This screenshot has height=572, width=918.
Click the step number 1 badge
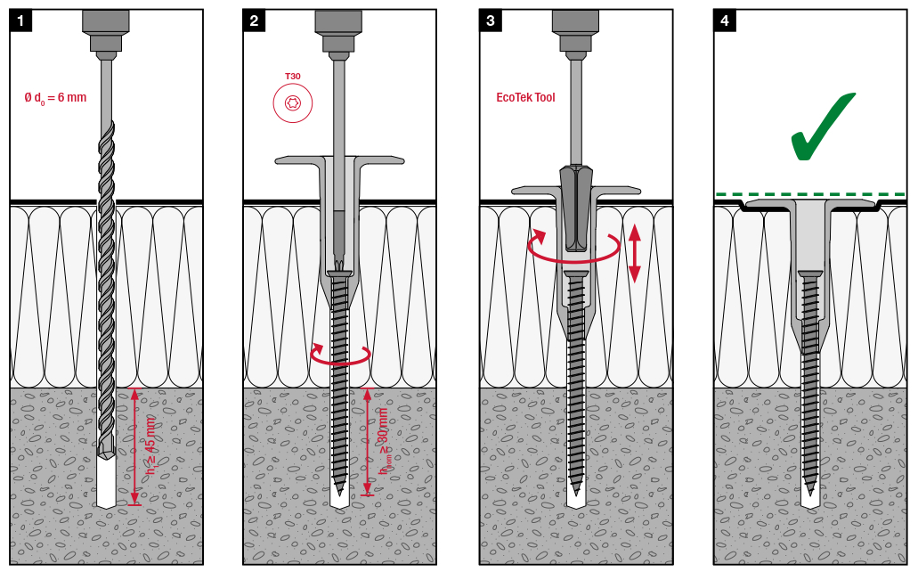pyautogui.click(x=21, y=21)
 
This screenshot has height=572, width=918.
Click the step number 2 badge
pyautogui.click(x=254, y=21)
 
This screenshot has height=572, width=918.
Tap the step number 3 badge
pyautogui.click(x=491, y=21)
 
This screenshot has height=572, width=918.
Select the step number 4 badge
pyautogui.click(x=725, y=21)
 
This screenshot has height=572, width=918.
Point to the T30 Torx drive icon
pyautogui.click(x=293, y=103)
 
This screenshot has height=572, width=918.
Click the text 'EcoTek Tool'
pyautogui.click(x=525, y=97)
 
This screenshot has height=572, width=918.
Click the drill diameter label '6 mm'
pyautogui.click(x=72, y=97)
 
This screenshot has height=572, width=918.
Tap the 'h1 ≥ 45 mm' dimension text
pyautogui.click(x=151, y=445)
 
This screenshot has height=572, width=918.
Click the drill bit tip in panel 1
pyautogui.click(x=106, y=454)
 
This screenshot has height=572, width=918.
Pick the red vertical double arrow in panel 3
pyautogui.click(x=635, y=254)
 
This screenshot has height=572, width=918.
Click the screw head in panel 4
pyautogui.click(x=810, y=274)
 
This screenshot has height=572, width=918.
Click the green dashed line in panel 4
pyautogui.click(x=810, y=194)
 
